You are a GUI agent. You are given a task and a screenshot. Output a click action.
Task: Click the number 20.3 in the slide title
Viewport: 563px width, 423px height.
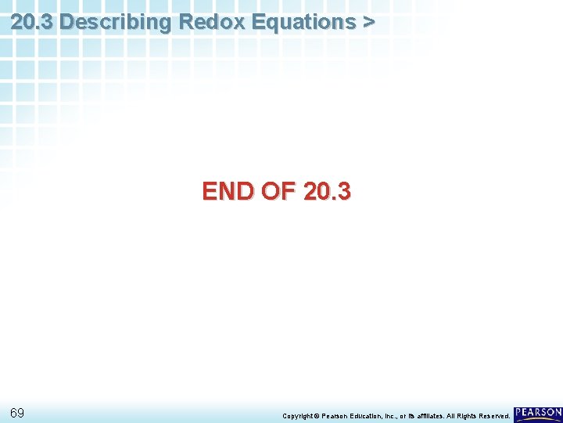(32, 22)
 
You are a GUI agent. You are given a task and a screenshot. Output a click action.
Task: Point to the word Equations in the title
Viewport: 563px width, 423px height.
(299, 22)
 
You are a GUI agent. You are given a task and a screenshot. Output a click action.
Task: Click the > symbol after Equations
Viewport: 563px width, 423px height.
(368, 22)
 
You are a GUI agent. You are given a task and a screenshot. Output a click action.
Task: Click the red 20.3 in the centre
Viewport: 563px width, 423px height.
(326, 191)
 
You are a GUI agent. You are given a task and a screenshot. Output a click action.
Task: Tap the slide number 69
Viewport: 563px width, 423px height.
(17, 413)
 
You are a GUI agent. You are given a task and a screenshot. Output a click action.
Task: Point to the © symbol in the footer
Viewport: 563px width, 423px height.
(317, 416)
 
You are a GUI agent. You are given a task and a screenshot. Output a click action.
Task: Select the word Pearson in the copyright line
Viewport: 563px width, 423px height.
(338, 416)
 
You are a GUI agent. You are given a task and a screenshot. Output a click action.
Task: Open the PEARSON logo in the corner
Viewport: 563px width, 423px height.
(538, 413)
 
